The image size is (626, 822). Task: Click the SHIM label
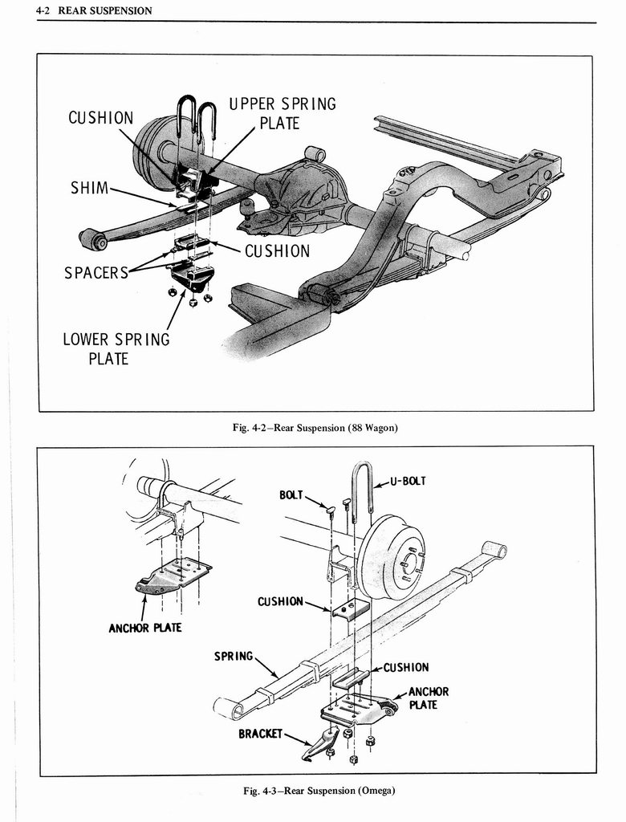[90, 189]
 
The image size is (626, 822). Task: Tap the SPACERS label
[96, 272]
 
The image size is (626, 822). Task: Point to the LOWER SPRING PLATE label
[116, 348]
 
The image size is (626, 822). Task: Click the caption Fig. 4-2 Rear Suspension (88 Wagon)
[315, 428]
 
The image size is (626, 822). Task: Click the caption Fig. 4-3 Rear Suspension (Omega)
[319, 791]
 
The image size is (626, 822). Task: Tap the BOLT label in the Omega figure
[291, 495]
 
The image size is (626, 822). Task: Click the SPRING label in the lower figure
[234, 656]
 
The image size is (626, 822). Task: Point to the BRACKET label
[260, 734]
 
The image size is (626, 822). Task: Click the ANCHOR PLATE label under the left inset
[144, 627]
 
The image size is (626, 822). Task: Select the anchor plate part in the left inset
[173, 576]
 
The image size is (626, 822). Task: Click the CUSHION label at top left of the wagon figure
[101, 118]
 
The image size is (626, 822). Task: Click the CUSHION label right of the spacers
[277, 251]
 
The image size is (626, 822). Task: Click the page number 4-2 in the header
[44, 10]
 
